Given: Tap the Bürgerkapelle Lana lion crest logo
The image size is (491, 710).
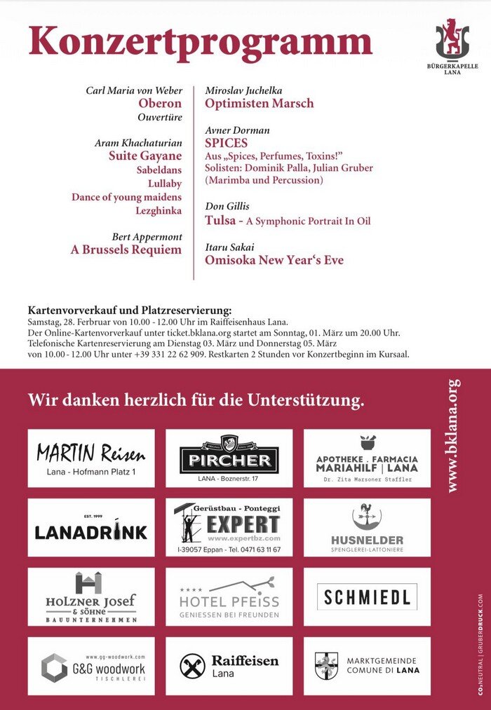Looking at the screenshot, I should click(x=452, y=39).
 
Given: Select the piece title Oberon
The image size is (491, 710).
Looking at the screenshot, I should click(x=160, y=104).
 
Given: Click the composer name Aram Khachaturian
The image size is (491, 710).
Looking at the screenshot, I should click(x=137, y=143).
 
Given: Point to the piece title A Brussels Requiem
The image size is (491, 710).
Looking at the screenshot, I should click(x=126, y=250).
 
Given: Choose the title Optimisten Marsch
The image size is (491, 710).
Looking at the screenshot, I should click(x=259, y=104).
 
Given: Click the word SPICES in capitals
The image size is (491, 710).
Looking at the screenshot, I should click(x=226, y=143).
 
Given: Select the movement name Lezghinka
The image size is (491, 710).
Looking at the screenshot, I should click(x=160, y=210).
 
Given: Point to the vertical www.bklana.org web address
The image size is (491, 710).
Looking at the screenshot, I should click(x=453, y=435).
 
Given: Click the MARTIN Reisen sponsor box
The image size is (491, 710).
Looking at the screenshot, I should click(x=91, y=458).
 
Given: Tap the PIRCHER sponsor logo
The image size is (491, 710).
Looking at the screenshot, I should click(x=229, y=458).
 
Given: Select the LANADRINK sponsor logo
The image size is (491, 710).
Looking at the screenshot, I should click(x=91, y=531).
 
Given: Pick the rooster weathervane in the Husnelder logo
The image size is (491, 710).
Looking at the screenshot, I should click(x=367, y=517).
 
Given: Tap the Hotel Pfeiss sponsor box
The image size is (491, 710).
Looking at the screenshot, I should click(x=229, y=596).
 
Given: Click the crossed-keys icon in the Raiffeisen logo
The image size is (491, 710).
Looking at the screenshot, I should click(x=192, y=665).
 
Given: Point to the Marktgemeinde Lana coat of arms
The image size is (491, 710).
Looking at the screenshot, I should click(x=326, y=665).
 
